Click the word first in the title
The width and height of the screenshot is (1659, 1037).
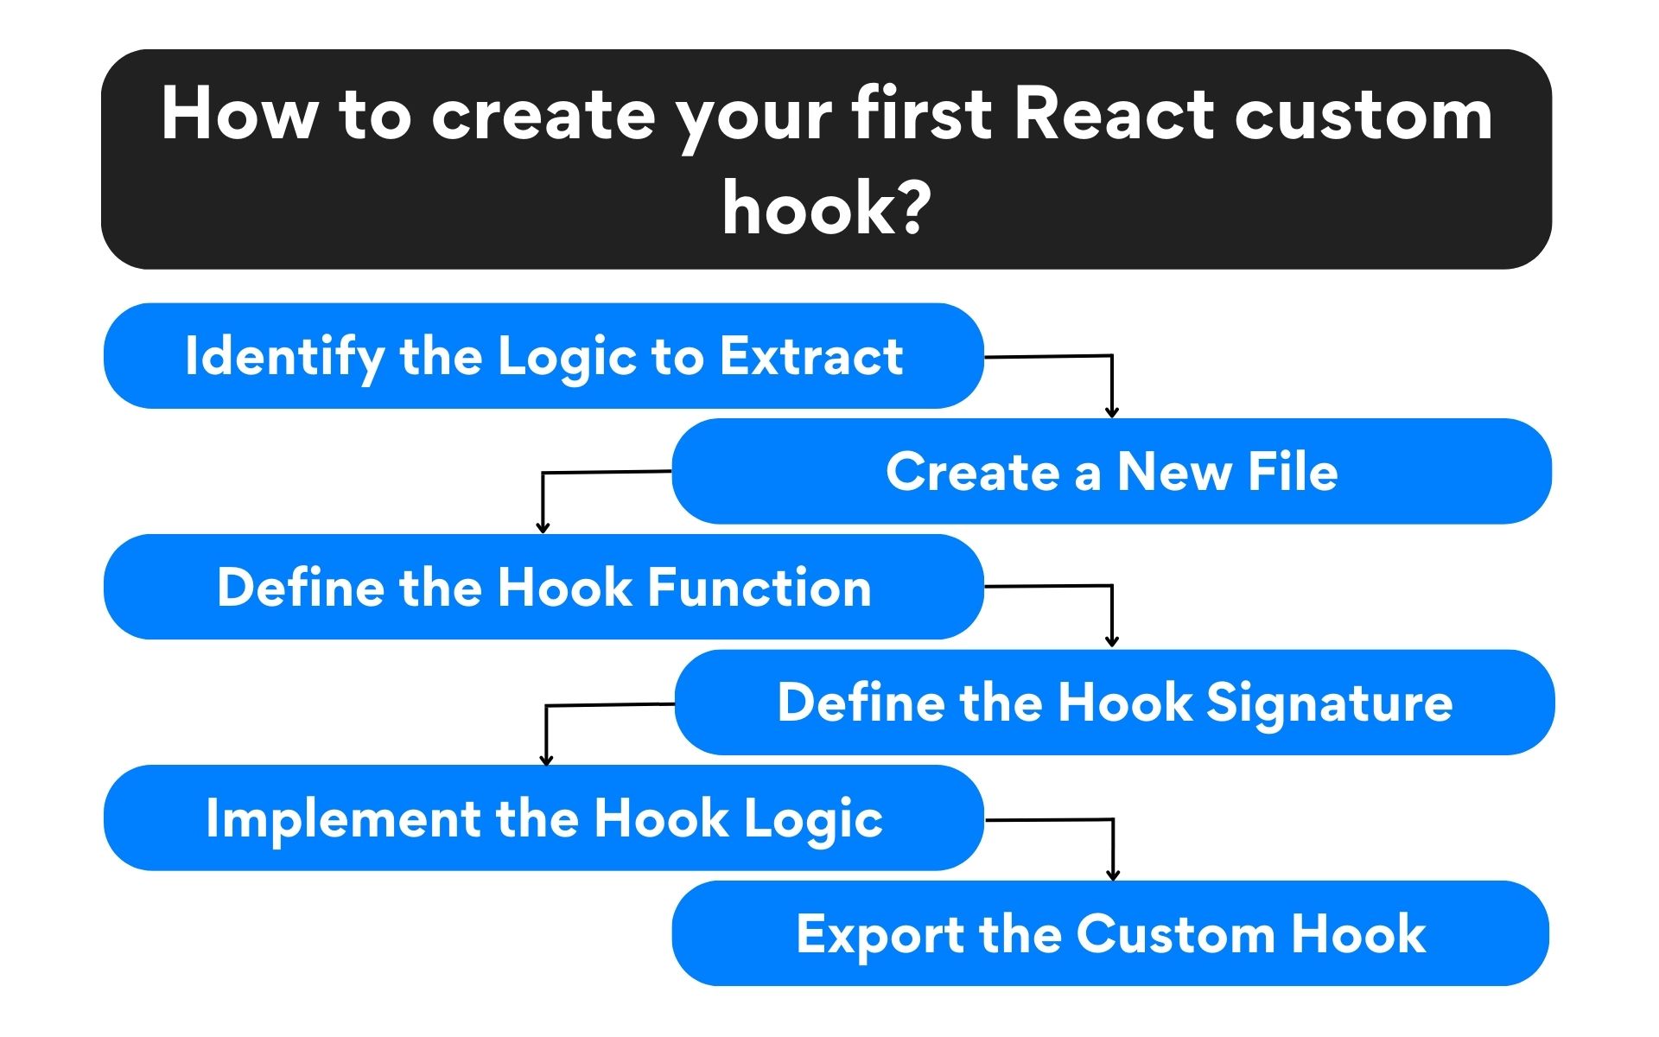tap(922, 115)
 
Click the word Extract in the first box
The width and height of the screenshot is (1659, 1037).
tap(811, 356)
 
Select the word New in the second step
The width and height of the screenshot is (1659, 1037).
tap(1174, 472)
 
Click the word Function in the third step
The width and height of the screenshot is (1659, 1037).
tap(760, 588)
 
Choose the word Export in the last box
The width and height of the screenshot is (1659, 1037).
tap(880, 934)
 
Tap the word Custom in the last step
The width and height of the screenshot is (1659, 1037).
tap(1175, 934)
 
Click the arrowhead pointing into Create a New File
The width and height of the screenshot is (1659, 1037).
tap(1112, 412)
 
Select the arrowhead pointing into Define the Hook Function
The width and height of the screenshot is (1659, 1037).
tap(543, 527)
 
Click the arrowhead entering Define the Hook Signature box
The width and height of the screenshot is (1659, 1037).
tap(1112, 641)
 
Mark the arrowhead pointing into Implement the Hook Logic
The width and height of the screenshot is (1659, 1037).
tap(546, 760)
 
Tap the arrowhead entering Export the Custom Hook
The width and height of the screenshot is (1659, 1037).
tap(1113, 875)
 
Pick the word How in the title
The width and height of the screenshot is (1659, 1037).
tap(239, 115)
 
